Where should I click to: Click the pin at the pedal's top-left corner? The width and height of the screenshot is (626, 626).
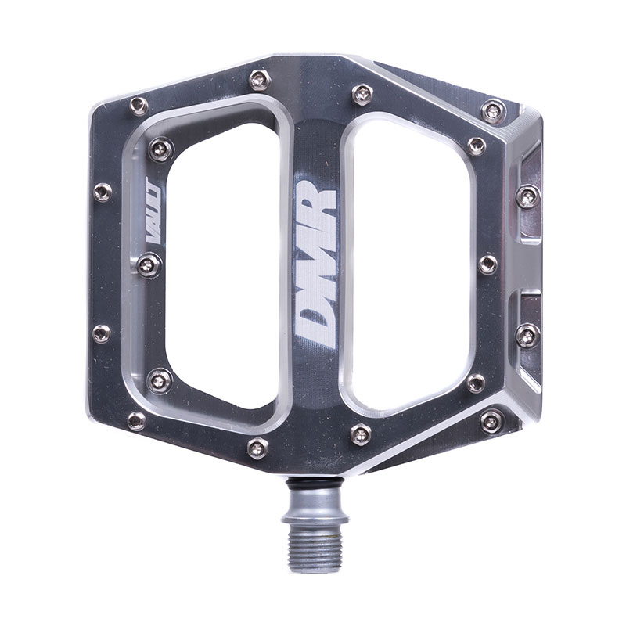(x=139, y=105)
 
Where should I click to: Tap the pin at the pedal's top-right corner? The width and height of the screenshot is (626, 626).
(x=493, y=110)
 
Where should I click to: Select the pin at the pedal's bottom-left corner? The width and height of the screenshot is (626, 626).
(x=136, y=421)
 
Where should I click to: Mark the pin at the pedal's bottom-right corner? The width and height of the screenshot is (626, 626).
(x=491, y=421)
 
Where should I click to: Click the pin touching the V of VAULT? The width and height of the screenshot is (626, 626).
(x=149, y=264)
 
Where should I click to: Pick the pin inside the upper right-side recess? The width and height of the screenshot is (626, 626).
(x=527, y=196)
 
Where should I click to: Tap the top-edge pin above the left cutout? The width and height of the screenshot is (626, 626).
(x=259, y=79)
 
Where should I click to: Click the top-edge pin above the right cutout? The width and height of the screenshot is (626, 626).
(x=362, y=94)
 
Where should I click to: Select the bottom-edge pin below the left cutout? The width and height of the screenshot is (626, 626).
(x=257, y=448)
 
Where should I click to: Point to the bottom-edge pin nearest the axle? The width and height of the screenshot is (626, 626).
(x=361, y=434)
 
